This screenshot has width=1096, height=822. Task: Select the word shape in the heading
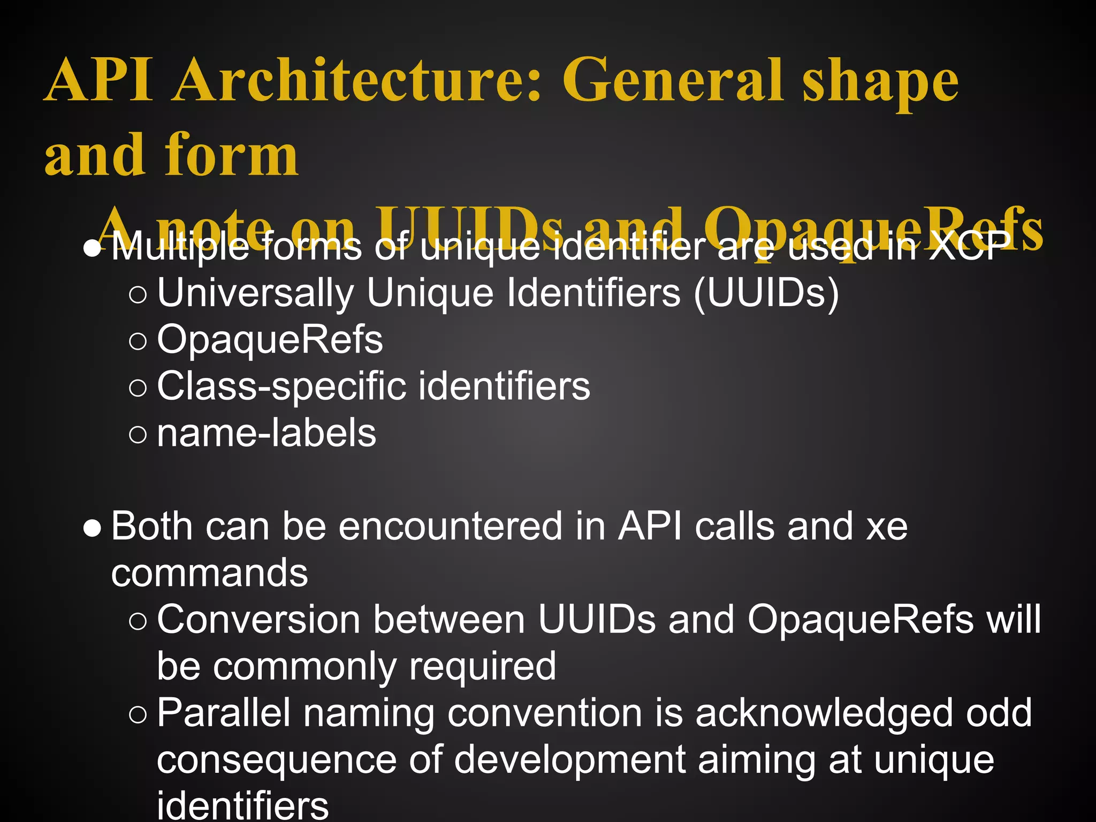point(880,83)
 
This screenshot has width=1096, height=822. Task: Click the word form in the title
point(231,155)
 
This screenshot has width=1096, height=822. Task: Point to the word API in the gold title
point(100,80)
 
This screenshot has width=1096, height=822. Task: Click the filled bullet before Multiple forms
point(93,249)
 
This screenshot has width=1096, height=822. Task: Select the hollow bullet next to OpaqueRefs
point(138,341)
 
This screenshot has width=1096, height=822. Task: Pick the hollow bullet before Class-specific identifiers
point(138,387)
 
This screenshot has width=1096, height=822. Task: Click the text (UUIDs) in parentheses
point(766,293)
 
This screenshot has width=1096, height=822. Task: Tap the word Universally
point(255,293)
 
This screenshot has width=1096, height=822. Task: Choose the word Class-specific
point(281,386)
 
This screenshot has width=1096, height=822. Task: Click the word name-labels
point(267,433)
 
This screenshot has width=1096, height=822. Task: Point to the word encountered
point(450,527)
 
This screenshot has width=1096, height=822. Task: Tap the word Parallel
point(224,713)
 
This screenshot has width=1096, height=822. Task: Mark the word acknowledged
point(824,713)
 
